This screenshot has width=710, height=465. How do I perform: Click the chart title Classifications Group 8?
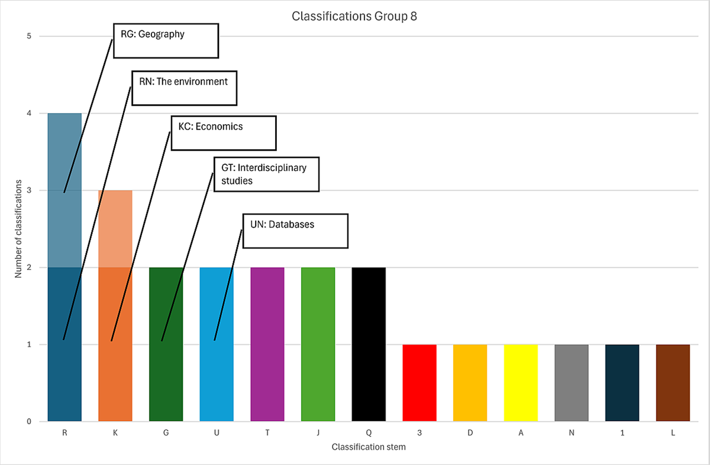[x=355, y=16]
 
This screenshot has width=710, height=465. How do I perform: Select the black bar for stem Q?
[x=369, y=344]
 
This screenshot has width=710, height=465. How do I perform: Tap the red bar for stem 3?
[x=419, y=383]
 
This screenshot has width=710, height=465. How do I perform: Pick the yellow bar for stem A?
[x=521, y=383]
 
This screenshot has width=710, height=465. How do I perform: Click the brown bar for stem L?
[x=673, y=383]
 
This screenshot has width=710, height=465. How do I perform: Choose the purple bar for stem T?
[x=267, y=344]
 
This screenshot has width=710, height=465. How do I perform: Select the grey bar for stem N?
[x=572, y=383]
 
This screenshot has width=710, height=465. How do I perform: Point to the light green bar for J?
[x=318, y=344]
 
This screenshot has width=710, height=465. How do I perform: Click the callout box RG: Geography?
[x=166, y=41]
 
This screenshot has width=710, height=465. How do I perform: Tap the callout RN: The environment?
[x=184, y=88]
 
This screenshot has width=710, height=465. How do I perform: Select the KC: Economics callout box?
[x=224, y=133]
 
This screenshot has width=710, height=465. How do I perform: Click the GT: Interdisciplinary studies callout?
[x=266, y=174]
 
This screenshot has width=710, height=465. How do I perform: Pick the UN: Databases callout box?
[x=295, y=231]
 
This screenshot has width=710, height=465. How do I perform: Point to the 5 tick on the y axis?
[x=28, y=36]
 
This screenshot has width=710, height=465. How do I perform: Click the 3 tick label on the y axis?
[x=28, y=190]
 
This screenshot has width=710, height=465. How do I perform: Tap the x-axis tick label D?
[x=470, y=433]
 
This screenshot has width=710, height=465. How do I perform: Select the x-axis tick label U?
[x=217, y=433]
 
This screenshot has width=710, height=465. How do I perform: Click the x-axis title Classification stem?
[x=369, y=447]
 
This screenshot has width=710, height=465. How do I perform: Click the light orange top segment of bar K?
[x=115, y=228]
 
